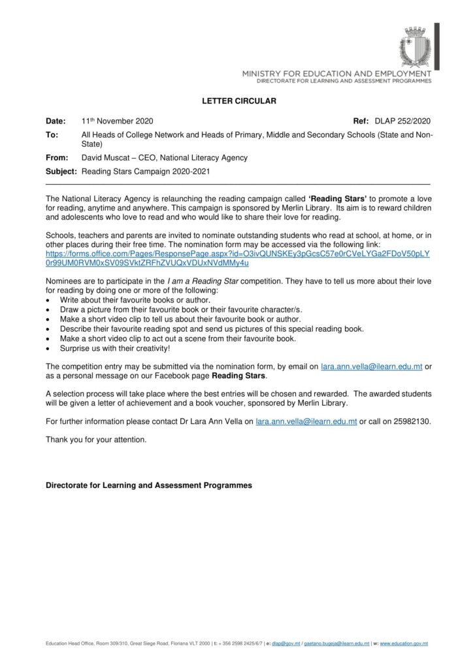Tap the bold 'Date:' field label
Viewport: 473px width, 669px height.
tap(56, 122)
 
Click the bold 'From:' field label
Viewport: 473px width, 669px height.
tap(57, 157)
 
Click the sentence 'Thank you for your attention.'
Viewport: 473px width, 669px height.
tap(96, 440)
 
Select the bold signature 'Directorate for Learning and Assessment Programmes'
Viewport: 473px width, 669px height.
tap(148, 486)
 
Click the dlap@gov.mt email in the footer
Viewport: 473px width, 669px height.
tap(288, 644)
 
